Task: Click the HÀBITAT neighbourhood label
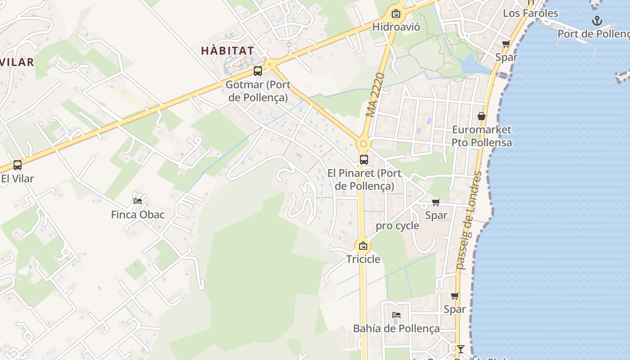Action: point(227,50)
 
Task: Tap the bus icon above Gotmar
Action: point(258,71)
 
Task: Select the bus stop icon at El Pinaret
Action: point(364,160)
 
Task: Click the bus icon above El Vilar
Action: point(18,165)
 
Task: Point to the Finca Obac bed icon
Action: point(138,201)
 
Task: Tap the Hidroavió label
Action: point(396,27)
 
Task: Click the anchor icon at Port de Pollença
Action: point(597,20)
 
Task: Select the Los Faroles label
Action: point(530,13)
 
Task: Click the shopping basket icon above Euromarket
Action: point(481,116)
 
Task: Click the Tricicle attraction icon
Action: point(363,246)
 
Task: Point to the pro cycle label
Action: point(397,226)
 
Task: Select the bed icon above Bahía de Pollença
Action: point(396,315)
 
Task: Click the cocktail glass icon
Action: point(460,349)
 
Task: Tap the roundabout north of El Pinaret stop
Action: point(364,144)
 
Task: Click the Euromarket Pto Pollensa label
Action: point(481,136)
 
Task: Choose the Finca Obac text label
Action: point(138,215)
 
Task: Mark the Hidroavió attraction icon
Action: point(396,14)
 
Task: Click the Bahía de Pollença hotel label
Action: point(396,328)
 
